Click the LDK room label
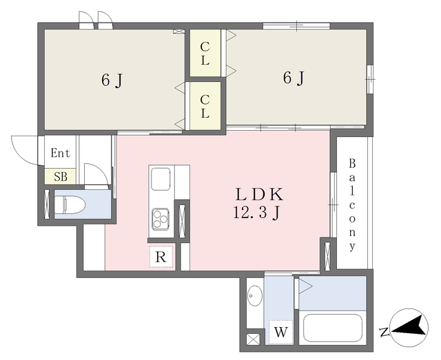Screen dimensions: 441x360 click(x=259, y=195)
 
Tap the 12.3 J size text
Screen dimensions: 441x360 click(x=256, y=213)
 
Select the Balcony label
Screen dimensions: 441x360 click(x=352, y=205)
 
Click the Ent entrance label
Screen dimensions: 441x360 click(x=60, y=153)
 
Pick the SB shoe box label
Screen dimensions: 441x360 click(x=61, y=177)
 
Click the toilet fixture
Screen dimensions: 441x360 click(x=70, y=205)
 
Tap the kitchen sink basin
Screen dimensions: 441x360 click(x=161, y=179)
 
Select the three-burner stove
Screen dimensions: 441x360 click(x=161, y=218)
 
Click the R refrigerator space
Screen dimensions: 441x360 click(x=161, y=257)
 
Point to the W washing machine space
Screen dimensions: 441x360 click(x=280, y=332)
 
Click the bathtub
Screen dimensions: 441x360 click(x=333, y=328)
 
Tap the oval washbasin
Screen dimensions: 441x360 click(x=255, y=296)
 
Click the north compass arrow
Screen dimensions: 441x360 click(x=407, y=326)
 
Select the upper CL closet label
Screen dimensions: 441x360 click(x=205, y=54)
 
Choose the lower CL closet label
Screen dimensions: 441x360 click(x=205, y=106)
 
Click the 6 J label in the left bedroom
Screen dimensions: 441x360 click(x=112, y=81)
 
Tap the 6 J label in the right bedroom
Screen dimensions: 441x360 click(x=294, y=78)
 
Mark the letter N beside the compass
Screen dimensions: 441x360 click(x=384, y=332)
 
